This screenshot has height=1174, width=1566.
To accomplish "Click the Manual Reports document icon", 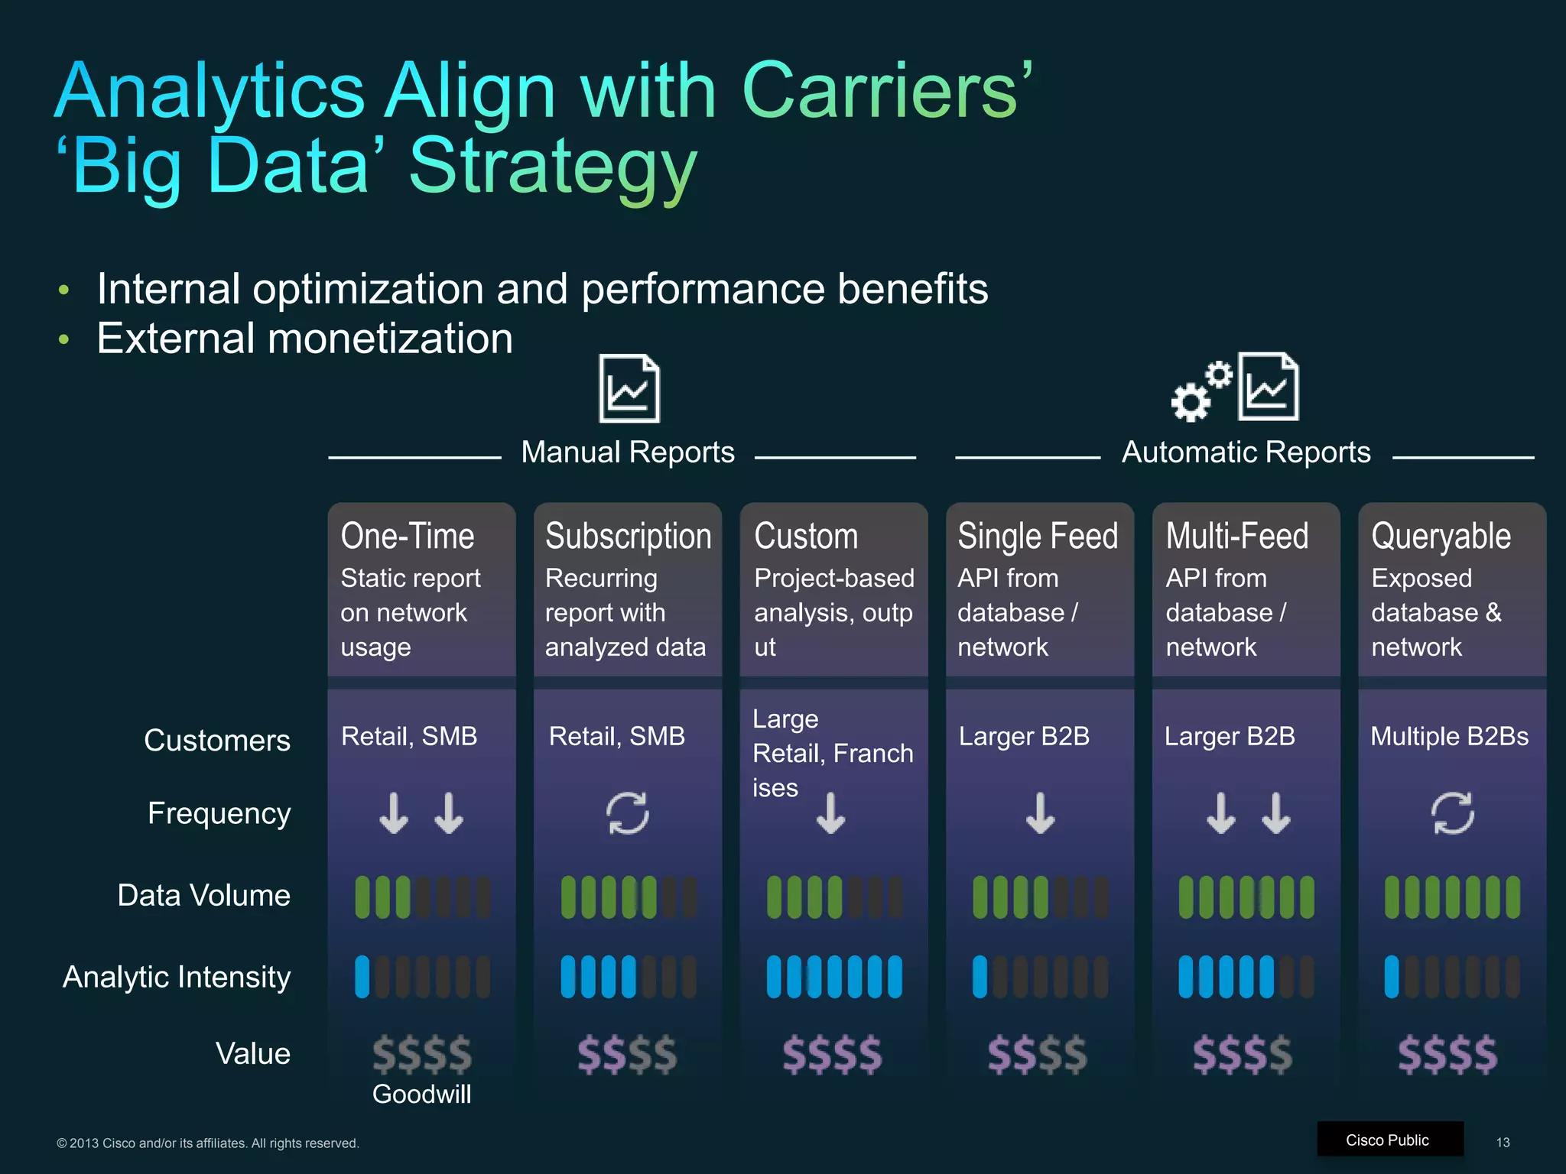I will point(629,388).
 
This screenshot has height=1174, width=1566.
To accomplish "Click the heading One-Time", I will point(407,536).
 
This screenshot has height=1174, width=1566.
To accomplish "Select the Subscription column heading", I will point(628,536).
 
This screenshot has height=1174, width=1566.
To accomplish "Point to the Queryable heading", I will point(1441,536).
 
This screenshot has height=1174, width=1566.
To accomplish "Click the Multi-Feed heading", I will point(1236,536).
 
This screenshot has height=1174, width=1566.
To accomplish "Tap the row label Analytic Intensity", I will point(177,977).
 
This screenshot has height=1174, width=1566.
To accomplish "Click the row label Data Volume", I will point(203,895).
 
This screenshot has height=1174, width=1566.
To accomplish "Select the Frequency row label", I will point(219,813).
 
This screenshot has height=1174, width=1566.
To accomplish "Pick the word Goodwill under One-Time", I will point(421,1094).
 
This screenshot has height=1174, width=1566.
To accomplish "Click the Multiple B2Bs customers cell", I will point(1449,736).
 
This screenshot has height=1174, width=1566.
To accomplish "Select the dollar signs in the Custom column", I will point(833,1055).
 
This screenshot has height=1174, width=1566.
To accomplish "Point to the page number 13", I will point(1503,1142).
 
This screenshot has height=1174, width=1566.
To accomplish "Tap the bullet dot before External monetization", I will point(64,339).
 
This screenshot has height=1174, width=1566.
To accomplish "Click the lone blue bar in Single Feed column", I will point(980,977).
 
